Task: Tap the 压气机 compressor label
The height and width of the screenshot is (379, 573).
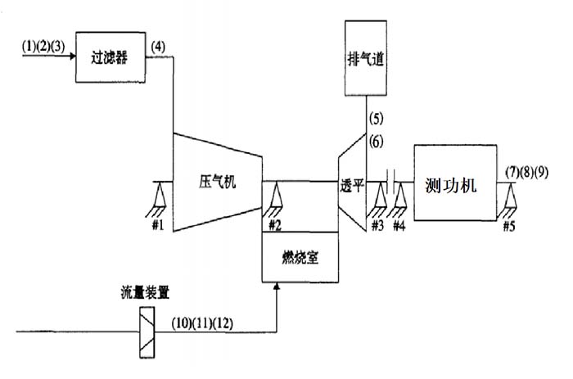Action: point(218,181)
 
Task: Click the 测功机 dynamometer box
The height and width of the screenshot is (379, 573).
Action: point(456,182)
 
